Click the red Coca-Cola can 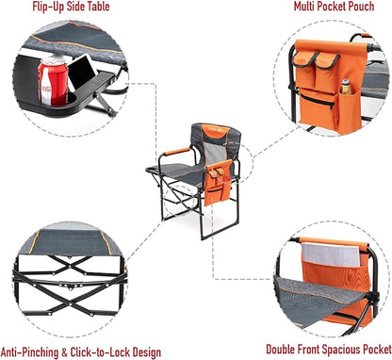53,81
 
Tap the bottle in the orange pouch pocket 346,87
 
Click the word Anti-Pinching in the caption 30,352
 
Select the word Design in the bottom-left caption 147,352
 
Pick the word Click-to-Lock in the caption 100,352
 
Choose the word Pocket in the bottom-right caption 377,350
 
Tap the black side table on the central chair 157,171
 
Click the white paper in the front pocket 331,255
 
